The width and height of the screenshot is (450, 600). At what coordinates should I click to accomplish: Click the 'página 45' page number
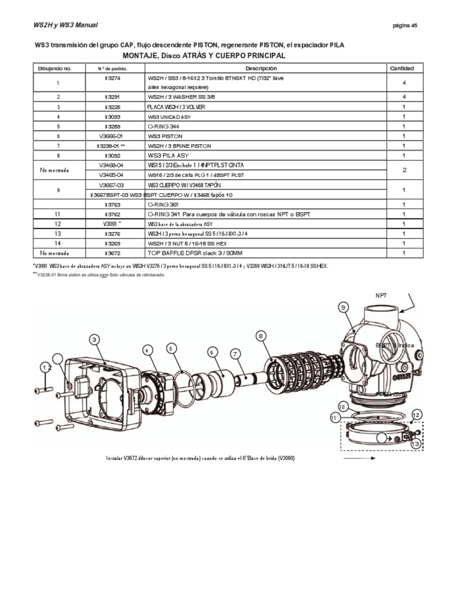point(405,25)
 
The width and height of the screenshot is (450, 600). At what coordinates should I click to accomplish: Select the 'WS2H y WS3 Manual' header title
point(62,25)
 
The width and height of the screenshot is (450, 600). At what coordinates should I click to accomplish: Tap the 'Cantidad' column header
point(402,69)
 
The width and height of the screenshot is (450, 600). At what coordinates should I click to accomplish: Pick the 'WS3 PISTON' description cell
point(165,135)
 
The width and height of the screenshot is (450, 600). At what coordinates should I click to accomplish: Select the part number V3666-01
point(113,135)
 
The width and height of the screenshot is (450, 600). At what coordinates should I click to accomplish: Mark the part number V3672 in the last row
point(113,253)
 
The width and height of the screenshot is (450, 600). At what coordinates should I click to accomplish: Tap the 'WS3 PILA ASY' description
point(169,155)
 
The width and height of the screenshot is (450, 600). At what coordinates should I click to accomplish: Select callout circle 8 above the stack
point(261,335)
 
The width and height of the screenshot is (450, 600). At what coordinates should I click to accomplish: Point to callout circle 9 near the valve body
point(343,306)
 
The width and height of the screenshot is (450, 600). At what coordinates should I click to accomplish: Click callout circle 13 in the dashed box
point(417,444)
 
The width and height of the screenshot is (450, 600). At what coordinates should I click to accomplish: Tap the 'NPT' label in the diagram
point(374,296)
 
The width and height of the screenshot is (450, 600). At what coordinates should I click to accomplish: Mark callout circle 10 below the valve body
point(342,406)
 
